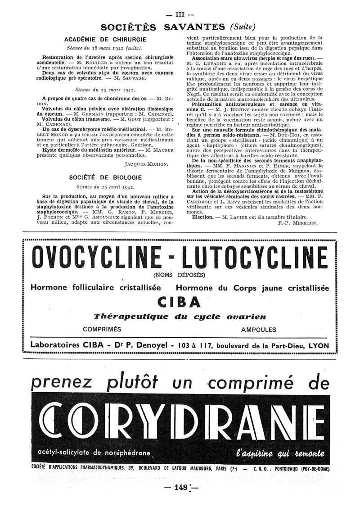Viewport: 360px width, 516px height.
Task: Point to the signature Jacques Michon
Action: click(146, 165)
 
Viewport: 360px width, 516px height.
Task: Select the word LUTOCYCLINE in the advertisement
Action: click(257, 258)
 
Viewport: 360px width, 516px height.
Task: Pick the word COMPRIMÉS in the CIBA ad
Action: click(102, 330)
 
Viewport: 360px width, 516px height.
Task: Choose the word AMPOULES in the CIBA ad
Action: click(259, 330)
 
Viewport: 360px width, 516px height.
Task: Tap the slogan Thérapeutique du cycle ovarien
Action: click(180, 317)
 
